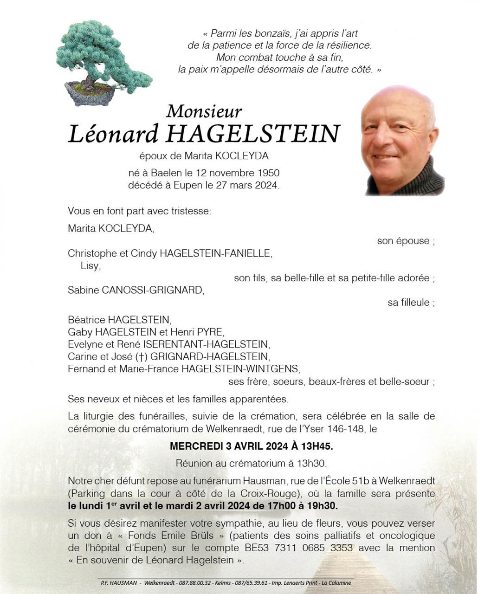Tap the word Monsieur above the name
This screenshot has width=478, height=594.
(x=204, y=111)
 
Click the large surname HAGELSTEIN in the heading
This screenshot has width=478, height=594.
(x=253, y=134)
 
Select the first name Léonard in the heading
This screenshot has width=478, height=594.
(x=113, y=134)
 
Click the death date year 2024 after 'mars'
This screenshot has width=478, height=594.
(x=265, y=186)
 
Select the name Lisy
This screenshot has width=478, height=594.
(x=90, y=266)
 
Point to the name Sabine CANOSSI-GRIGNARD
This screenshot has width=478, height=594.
(x=135, y=291)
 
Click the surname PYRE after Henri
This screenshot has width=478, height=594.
(x=210, y=332)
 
